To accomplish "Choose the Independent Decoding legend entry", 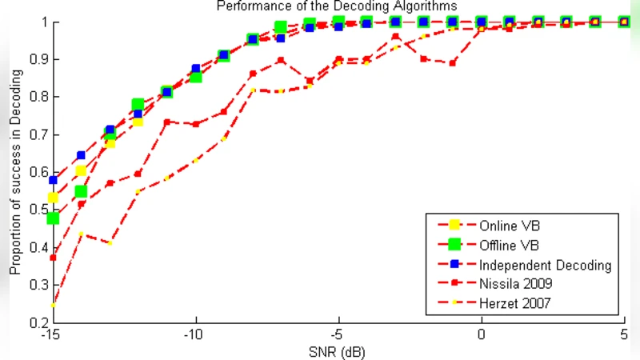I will tap(544, 264).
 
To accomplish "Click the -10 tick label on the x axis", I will tap(195, 334).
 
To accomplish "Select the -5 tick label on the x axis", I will tap(338, 334).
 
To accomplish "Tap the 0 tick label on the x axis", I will tap(482, 334).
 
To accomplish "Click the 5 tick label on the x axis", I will tap(624, 334).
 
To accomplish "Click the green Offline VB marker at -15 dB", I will tap(53, 218).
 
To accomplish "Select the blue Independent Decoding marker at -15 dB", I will tap(53, 180).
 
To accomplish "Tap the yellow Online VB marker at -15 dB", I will tap(53, 198).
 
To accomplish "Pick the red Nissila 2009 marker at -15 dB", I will tap(53, 258).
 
